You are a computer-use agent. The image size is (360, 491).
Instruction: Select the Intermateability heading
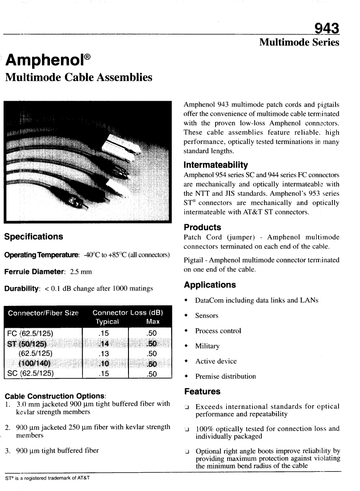(216, 165)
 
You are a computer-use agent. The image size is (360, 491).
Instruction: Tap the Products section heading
(203, 227)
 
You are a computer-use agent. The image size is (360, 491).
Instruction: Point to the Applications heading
(210, 285)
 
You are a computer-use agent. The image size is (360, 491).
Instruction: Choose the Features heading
(202, 391)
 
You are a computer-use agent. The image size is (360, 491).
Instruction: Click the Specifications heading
(33, 236)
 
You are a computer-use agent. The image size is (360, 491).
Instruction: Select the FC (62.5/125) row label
(30, 333)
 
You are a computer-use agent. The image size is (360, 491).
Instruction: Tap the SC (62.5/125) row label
(30, 374)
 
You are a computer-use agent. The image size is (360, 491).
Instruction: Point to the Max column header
(153, 322)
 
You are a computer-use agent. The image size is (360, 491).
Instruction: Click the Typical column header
(107, 322)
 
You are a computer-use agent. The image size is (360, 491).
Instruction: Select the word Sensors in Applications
(207, 316)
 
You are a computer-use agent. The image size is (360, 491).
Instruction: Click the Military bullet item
(207, 346)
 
